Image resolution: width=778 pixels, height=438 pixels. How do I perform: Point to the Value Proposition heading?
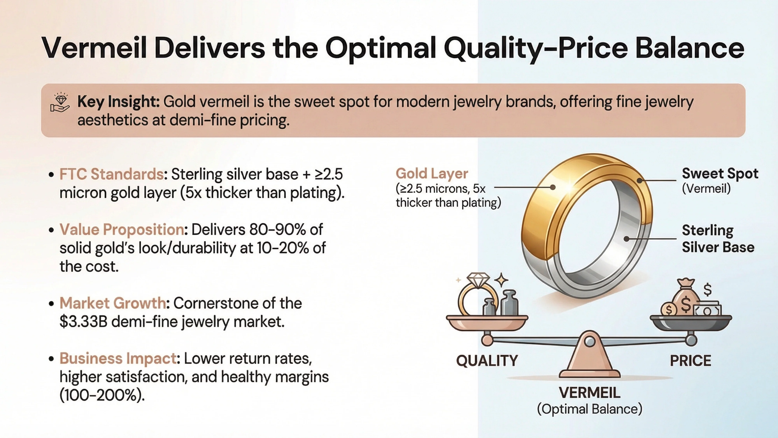pyautogui.click(x=122, y=230)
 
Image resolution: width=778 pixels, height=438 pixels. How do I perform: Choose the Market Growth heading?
pyautogui.click(x=113, y=303)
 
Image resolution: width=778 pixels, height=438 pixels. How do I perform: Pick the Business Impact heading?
pyautogui.click(x=118, y=359)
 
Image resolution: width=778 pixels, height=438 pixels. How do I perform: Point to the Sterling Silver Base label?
pyautogui.click(x=718, y=239)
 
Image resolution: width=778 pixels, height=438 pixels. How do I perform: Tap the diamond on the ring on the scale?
pyautogui.click(x=478, y=280)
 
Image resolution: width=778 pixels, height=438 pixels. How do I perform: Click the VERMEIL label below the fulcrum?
pyautogui.click(x=590, y=393)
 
